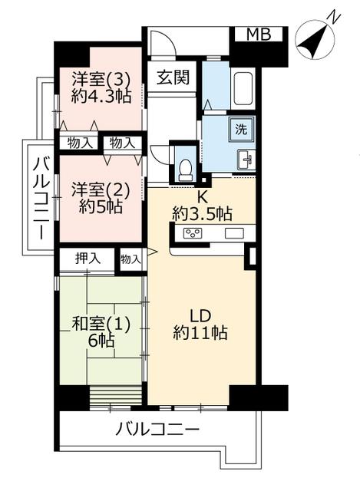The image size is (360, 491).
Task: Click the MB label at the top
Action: (259, 34)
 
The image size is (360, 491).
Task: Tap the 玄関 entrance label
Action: (173, 77)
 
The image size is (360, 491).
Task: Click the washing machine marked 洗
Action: (241, 129)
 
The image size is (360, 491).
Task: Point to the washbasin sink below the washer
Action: (246, 160)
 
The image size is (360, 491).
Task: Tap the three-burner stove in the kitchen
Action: (193, 233)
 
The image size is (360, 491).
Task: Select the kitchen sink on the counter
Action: (234, 233)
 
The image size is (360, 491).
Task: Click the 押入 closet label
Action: (88, 259)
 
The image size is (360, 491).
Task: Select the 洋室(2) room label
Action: (100, 189)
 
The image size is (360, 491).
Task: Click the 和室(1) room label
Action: (101, 324)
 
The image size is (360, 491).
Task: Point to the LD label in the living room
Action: (200, 317)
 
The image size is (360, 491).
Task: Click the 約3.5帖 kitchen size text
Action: (202, 214)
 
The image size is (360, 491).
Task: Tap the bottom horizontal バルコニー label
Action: (157, 429)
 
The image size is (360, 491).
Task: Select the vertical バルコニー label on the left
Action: (41, 198)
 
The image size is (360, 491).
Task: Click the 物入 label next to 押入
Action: (130, 259)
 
